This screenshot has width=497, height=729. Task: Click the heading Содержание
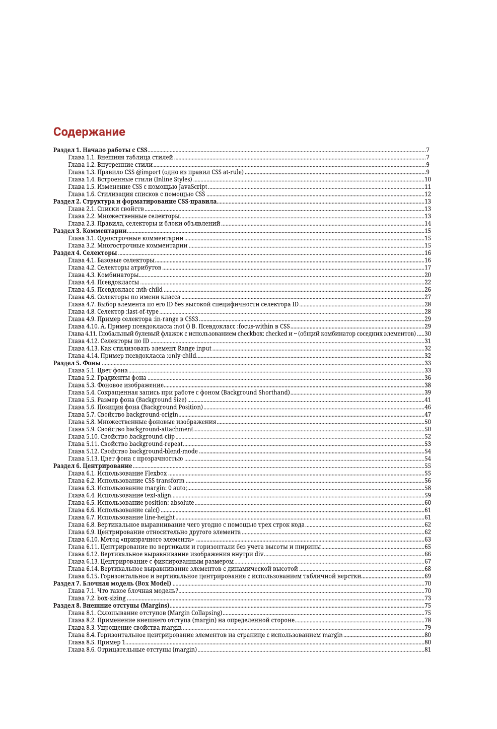(x=89, y=132)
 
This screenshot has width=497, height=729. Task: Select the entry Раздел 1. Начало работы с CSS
(x=100, y=150)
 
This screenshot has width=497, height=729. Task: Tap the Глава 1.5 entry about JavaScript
(x=137, y=187)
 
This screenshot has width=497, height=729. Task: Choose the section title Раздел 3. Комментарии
(x=90, y=231)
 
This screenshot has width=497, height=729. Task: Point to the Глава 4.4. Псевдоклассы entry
(x=103, y=282)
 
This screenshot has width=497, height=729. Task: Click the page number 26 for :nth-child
(x=428, y=290)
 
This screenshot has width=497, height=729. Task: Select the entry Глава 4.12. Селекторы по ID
(x=108, y=341)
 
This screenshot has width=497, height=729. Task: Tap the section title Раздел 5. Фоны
(x=77, y=363)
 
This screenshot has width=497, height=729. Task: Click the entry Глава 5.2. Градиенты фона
(x=107, y=378)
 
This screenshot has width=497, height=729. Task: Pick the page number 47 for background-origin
(x=428, y=415)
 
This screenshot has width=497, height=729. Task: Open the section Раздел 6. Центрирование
(x=92, y=466)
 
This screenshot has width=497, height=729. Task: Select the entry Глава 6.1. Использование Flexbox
(x=117, y=474)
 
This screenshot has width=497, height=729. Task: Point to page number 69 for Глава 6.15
(x=428, y=576)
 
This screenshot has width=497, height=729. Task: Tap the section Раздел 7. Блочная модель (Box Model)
(x=112, y=583)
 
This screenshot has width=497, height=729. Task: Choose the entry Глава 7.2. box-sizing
(x=97, y=599)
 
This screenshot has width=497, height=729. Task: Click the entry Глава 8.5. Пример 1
(x=97, y=642)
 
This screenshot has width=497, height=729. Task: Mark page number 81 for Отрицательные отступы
(x=428, y=650)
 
